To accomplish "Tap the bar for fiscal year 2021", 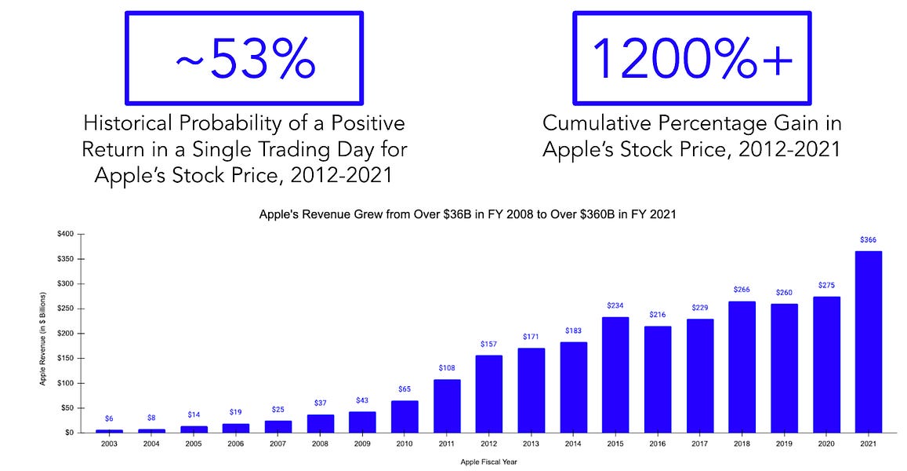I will [868, 341].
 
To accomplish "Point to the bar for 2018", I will [742, 367].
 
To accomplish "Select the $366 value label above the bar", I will [868, 240].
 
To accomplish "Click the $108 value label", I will [447, 368].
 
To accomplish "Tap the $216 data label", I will [658, 315].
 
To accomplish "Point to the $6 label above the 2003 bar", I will [110, 419].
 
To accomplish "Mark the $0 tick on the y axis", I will [69, 433].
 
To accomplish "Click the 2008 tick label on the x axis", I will [320, 444].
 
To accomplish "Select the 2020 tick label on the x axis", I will [825, 444].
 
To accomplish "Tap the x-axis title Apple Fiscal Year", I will [488, 462].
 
